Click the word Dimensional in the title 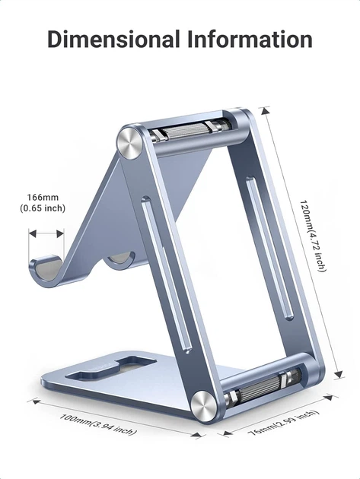point(113,39)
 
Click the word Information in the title point(250,39)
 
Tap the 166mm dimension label point(43,198)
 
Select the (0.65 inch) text point(43,208)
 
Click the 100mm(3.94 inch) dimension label point(97,424)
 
